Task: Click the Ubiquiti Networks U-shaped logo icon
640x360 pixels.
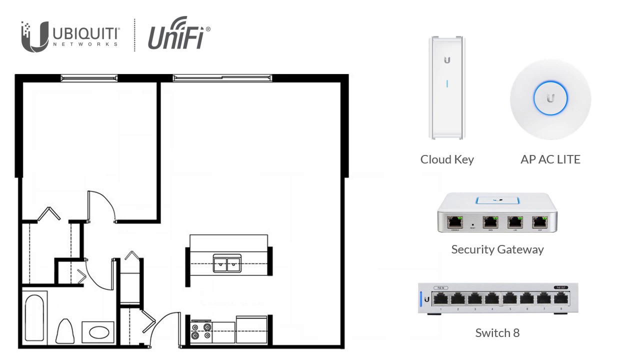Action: click(x=34, y=37)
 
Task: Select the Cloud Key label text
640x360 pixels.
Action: click(x=447, y=159)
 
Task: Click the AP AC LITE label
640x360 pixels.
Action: click(x=550, y=159)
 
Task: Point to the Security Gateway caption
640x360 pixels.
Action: click(x=497, y=249)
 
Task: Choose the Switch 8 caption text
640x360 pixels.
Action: click(x=497, y=333)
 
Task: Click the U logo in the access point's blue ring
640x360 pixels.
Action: click(x=550, y=98)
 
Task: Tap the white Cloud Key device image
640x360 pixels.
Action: click(x=447, y=87)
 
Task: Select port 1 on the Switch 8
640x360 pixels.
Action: click(x=441, y=299)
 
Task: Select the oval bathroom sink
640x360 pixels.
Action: click(x=98, y=332)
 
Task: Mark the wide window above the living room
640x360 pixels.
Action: click(x=222, y=78)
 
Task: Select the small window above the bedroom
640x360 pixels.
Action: click(x=89, y=78)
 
